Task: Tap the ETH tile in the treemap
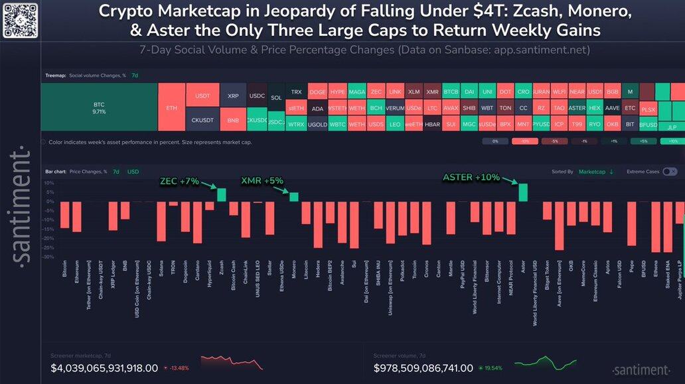click(171, 107)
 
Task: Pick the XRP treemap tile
click(233, 96)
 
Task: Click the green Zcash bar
click(222, 195)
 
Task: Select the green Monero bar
click(293, 197)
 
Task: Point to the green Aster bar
click(523, 192)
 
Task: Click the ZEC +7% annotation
click(180, 180)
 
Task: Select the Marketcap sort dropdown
click(595, 172)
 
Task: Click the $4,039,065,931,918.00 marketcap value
click(104, 368)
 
